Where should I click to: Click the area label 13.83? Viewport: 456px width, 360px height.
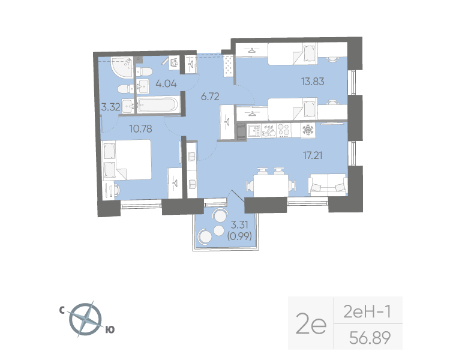pyautogui.click(x=312, y=82)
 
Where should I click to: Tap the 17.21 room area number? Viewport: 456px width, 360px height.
pyautogui.click(x=313, y=154)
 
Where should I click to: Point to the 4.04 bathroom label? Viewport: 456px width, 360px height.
pyautogui.click(x=166, y=84)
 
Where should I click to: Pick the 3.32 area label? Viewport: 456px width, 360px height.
pyautogui.click(x=111, y=108)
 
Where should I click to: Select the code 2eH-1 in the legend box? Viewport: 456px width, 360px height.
pyautogui.click(x=367, y=311)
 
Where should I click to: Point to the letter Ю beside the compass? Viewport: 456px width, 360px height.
pyautogui.click(x=110, y=329)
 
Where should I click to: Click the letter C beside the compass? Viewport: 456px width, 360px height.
pyautogui.click(x=62, y=310)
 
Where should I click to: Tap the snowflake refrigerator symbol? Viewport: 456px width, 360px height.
pyautogui.click(x=308, y=130)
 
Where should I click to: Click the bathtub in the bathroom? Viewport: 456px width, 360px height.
pyautogui.click(x=157, y=106)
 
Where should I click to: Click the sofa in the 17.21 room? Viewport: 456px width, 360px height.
pyautogui.click(x=328, y=184)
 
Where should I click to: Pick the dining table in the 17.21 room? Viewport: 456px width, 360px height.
pyautogui.click(x=268, y=183)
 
